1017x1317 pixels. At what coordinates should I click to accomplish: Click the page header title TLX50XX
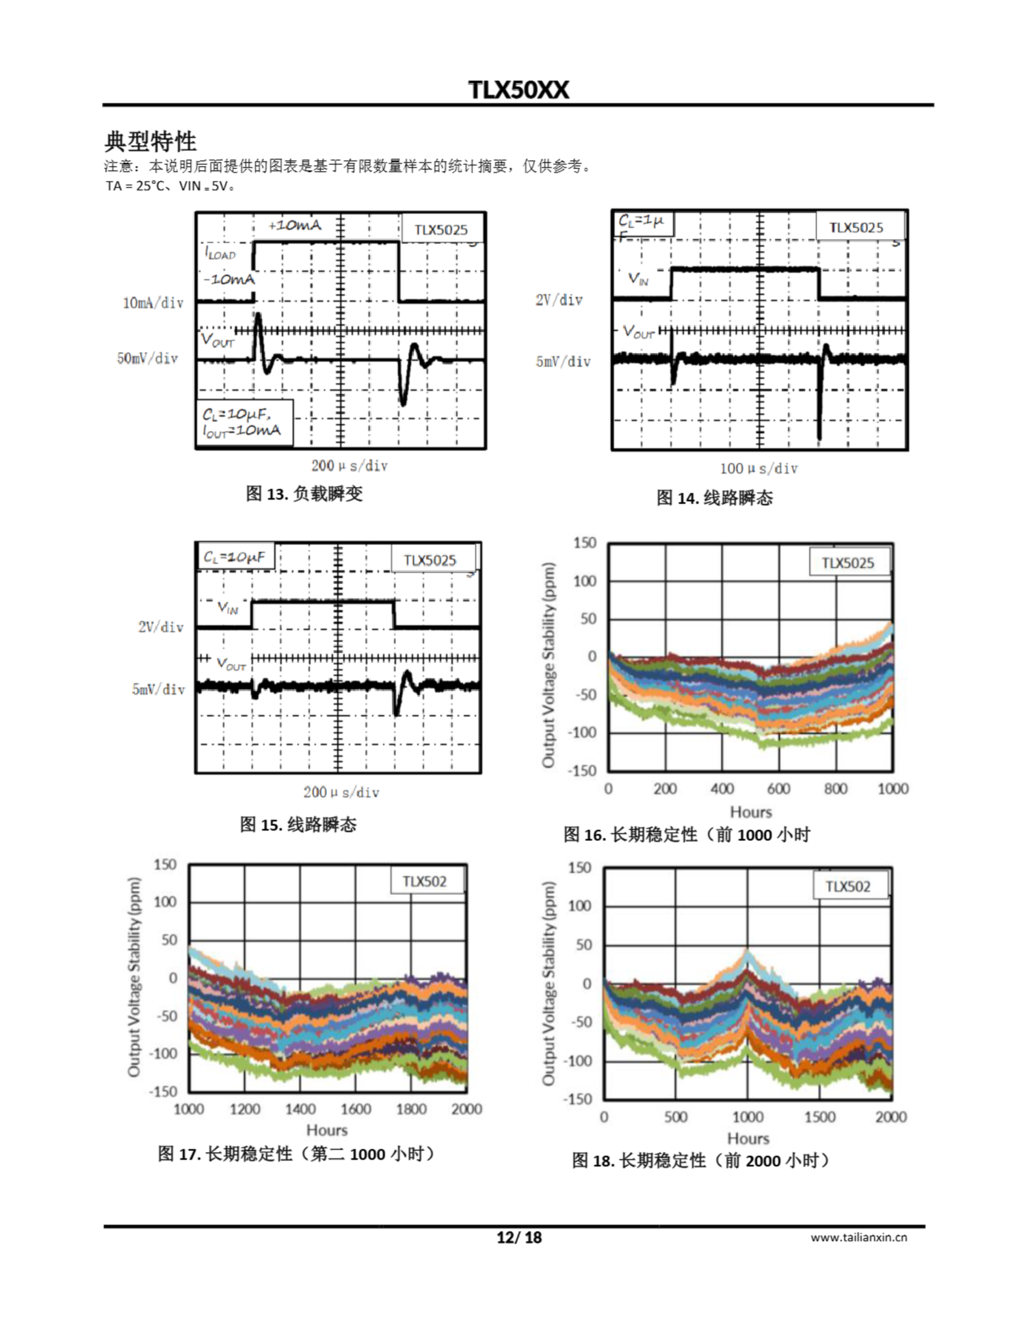[518, 91]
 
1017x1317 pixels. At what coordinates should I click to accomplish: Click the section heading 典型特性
[151, 141]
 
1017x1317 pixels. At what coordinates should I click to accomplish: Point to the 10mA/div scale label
[153, 302]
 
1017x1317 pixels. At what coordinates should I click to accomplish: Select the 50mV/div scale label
[148, 358]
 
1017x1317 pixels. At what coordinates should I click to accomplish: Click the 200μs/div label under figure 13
[349, 466]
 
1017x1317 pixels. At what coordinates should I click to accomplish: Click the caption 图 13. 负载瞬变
[304, 494]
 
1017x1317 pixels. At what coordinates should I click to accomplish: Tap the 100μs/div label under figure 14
[758, 469]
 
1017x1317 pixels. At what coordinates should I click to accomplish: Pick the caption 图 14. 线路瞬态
[714, 498]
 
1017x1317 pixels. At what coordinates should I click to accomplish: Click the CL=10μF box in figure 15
[234, 557]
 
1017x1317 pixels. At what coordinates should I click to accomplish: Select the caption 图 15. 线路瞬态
[298, 824]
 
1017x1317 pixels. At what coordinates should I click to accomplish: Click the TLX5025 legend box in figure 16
[848, 563]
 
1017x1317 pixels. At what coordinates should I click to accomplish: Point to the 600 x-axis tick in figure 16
[778, 789]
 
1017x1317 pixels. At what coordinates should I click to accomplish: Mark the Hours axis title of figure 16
[751, 812]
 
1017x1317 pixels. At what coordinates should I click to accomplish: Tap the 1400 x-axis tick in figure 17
[300, 1109]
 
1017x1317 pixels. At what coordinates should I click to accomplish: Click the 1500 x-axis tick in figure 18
[819, 1117]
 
